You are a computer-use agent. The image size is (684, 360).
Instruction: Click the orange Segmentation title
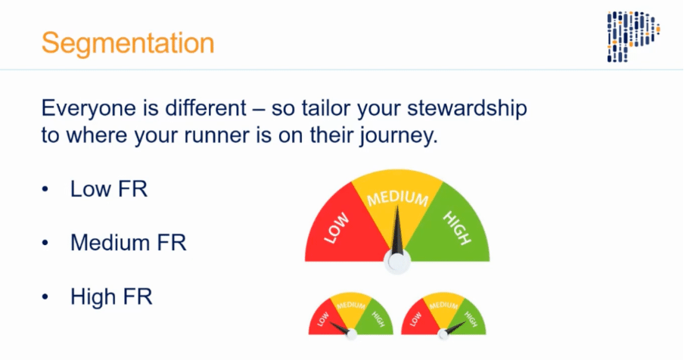tap(128, 43)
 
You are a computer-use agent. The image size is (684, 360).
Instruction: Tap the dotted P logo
tap(633, 36)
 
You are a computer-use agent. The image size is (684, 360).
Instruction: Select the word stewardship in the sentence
tap(467, 108)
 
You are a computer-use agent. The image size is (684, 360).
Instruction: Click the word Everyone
tap(88, 108)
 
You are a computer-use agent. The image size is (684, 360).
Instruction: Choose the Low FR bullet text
tap(109, 189)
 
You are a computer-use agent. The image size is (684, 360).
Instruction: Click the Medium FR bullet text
tap(129, 242)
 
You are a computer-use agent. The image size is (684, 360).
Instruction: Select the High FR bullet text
tap(111, 296)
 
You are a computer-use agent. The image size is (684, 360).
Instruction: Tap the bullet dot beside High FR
tap(45, 296)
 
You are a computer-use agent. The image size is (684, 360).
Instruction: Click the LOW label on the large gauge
tap(337, 228)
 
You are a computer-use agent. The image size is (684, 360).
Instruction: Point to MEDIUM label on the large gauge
tap(397, 198)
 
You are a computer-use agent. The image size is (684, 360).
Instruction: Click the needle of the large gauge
tap(397, 231)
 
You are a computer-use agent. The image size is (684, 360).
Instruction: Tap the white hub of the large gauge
tap(397, 262)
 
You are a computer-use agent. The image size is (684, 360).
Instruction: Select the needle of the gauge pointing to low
tap(340, 327)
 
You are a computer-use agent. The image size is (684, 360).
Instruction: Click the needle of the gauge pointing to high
tap(454, 328)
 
